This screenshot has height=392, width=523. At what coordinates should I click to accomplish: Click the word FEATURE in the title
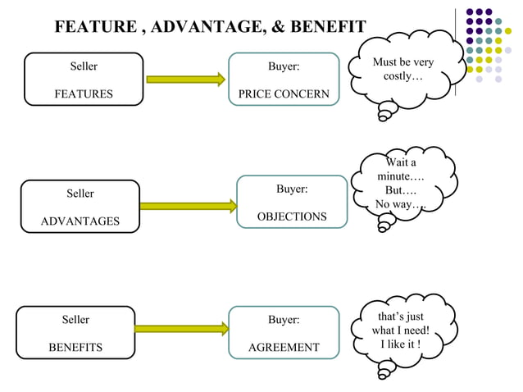pos(96,26)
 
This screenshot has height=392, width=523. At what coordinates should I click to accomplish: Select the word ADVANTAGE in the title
pos(208,26)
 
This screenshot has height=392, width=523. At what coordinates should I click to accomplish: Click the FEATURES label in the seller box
pos(84,94)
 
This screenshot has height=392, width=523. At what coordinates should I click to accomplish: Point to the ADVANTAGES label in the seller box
pos(80,221)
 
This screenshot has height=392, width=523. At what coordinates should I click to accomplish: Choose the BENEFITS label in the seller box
pos(75,347)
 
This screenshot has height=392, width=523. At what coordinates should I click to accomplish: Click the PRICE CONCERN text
pos(284,94)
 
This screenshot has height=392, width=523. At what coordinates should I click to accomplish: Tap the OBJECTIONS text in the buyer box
pos(292,217)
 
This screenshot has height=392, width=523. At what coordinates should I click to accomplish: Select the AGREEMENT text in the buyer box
pos(284,347)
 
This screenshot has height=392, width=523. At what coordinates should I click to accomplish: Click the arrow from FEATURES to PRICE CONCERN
pos(185,80)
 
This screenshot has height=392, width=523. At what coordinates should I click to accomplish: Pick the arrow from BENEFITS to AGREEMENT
pos(180,330)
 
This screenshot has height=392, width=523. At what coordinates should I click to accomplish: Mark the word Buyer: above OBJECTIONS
pos(292,189)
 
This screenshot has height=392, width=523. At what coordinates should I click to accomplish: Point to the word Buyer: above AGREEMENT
pos(284,320)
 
